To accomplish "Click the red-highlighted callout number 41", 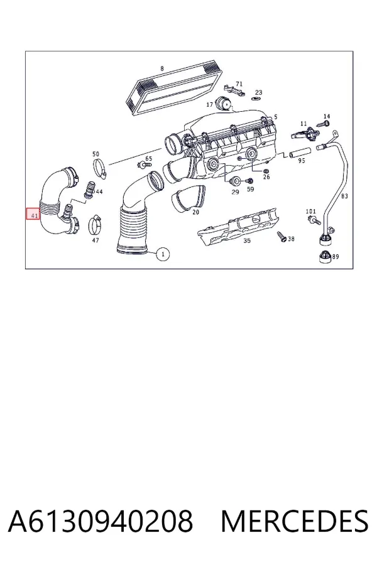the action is click(x=33, y=215).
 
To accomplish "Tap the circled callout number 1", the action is click(x=163, y=254).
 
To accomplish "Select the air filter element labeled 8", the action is click(x=172, y=89).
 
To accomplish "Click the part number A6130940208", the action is click(x=101, y=521).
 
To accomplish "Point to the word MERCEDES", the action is click(x=295, y=521).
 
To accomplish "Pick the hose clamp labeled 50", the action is click(x=100, y=169).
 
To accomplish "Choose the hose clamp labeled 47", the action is click(x=96, y=224).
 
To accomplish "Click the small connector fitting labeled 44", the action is click(x=88, y=189).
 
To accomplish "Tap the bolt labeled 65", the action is click(x=144, y=165).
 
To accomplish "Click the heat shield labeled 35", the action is click(x=239, y=226).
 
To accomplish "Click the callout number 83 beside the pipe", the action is click(x=344, y=196).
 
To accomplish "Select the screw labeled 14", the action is click(x=323, y=124).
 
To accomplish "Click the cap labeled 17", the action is click(x=223, y=104).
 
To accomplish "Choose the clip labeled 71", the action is click(x=234, y=90).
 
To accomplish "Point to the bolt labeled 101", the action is click(x=314, y=220).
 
